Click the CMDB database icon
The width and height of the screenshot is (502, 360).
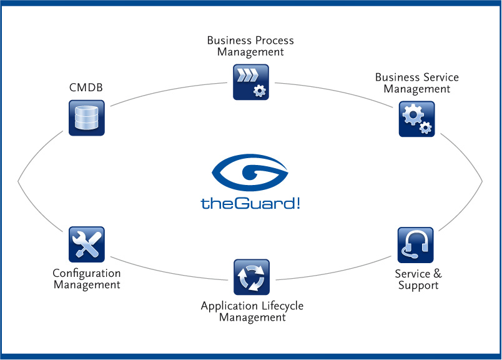click(x=86, y=117)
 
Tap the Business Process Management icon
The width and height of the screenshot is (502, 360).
click(x=250, y=81)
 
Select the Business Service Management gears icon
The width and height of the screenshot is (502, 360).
click(x=416, y=119)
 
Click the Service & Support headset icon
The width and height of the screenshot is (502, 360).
click(x=415, y=245)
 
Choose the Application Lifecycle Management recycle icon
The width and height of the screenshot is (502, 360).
click(x=251, y=277)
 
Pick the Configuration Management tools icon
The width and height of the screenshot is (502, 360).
click(x=86, y=244)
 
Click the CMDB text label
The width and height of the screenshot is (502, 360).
click(x=86, y=87)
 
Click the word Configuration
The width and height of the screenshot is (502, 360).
click(x=86, y=273)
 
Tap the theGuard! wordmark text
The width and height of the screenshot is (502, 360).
click(x=250, y=202)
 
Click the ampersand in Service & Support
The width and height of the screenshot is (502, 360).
click(x=437, y=274)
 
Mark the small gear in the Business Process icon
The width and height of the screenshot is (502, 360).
click(x=259, y=91)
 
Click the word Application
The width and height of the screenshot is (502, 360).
click(x=228, y=306)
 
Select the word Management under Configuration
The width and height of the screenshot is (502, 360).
click(x=86, y=285)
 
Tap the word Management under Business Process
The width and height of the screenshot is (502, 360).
click(x=250, y=52)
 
